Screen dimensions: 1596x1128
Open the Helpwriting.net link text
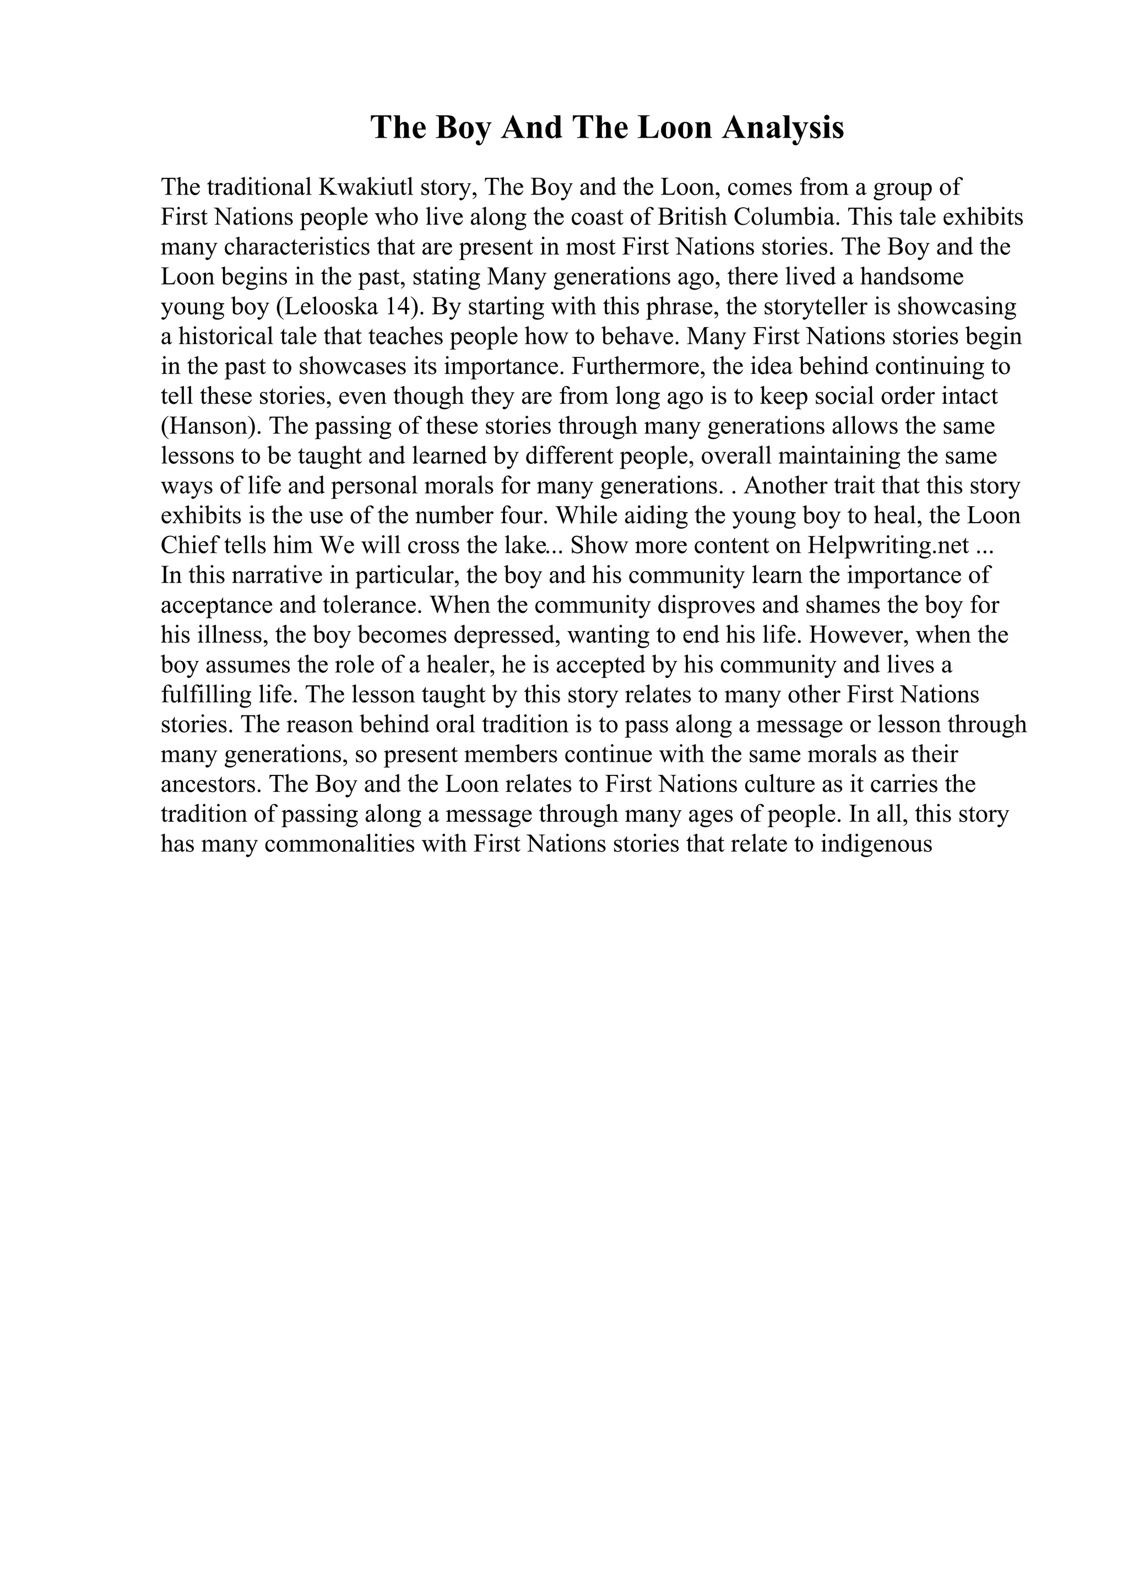tap(888, 546)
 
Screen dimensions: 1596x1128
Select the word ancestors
tap(210, 784)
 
